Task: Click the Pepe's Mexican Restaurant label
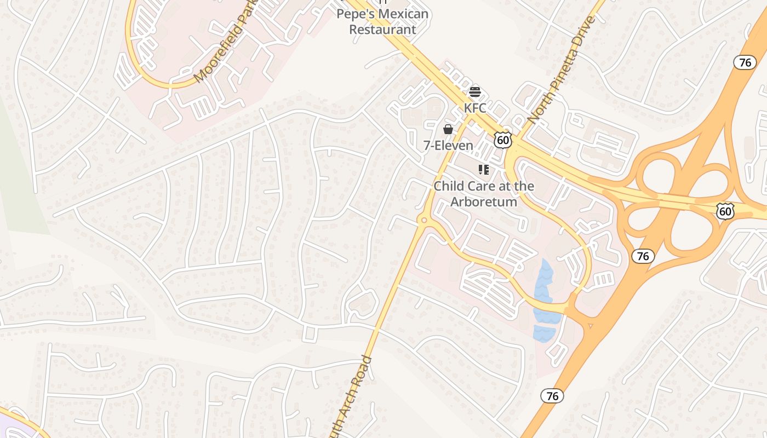click(382, 21)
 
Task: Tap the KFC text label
click(475, 108)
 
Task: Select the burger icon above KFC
click(475, 91)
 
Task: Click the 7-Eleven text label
click(448, 145)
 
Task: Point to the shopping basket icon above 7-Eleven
click(448, 129)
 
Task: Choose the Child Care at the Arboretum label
click(484, 194)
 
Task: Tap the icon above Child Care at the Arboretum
click(483, 170)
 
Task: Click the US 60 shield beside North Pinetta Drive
click(502, 140)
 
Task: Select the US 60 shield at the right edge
click(725, 211)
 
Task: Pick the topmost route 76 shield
click(745, 62)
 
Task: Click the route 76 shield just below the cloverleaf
click(643, 256)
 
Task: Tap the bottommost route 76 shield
click(552, 396)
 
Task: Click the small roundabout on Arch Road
click(423, 220)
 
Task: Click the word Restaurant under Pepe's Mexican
click(382, 29)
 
